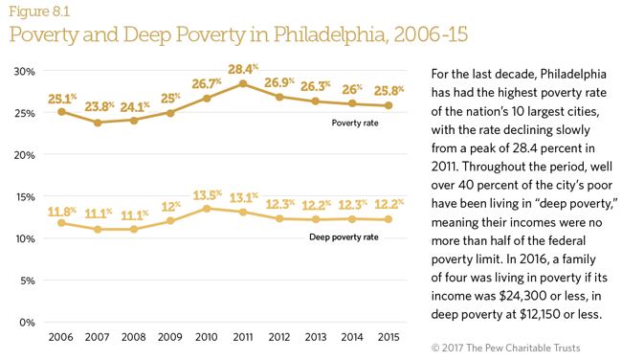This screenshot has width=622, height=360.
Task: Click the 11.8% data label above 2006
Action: (61, 210)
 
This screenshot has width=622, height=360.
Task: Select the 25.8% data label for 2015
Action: (388, 91)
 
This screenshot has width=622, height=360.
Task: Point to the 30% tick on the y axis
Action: (25, 71)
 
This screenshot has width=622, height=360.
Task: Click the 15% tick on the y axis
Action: (25, 196)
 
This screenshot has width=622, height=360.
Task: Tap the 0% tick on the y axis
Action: (28, 323)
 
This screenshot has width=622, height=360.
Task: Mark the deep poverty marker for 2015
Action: (388, 219)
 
